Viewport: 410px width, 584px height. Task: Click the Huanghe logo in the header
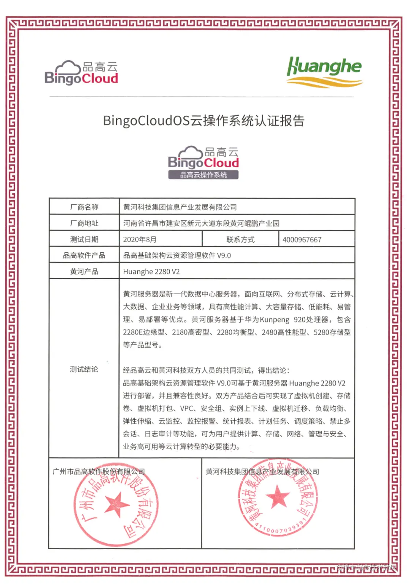click(325, 71)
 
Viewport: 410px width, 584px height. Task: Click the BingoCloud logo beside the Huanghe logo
click(82, 73)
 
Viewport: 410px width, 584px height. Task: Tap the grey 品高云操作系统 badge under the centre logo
click(203, 175)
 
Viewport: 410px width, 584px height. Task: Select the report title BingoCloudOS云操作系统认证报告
click(204, 121)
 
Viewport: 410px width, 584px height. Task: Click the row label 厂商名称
click(84, 207)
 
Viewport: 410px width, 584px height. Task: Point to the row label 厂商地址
click(84, 224)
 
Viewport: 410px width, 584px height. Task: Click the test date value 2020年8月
click(140, 239)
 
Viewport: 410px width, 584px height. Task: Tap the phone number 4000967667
click(302, 239)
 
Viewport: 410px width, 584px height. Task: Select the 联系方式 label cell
click(240, 239)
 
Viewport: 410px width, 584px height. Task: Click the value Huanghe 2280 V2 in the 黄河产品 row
click(151, 272)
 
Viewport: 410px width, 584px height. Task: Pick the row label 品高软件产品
click(84, 255)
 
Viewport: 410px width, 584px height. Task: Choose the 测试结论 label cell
click(84, 369)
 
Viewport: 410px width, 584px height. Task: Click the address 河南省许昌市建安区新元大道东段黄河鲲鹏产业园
click(201, 224)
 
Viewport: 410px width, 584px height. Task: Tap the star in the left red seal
click(117, 504)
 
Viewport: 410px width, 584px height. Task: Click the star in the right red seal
click(278, 497)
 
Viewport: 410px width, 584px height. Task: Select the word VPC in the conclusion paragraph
click(187, 408)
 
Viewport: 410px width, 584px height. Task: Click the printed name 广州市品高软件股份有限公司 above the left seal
click(99, 472)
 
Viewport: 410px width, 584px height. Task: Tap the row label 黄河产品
click(84, 272)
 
